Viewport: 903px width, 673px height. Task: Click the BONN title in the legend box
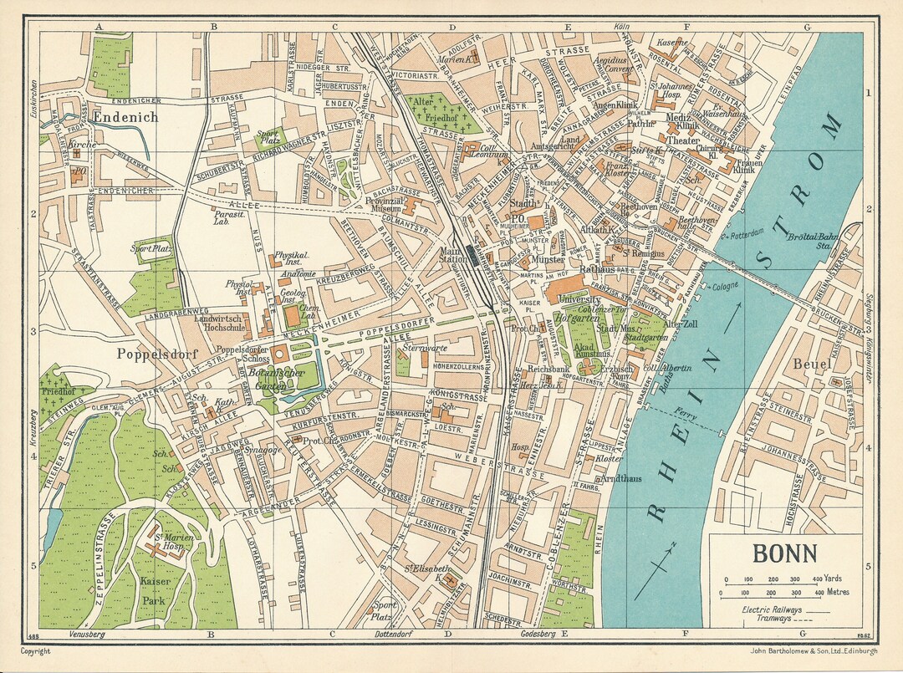coord(786,554)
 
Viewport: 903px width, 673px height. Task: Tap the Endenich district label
coord(126,117)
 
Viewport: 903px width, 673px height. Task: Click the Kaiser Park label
coord(156,589)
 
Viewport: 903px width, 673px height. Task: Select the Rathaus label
coord(596,270)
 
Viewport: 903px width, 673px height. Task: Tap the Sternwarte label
coord(420,347)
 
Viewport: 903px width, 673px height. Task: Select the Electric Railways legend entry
coord(772,610)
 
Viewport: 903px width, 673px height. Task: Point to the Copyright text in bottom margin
coord(36,651)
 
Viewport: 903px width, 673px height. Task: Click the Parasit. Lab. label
coord(222,218)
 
